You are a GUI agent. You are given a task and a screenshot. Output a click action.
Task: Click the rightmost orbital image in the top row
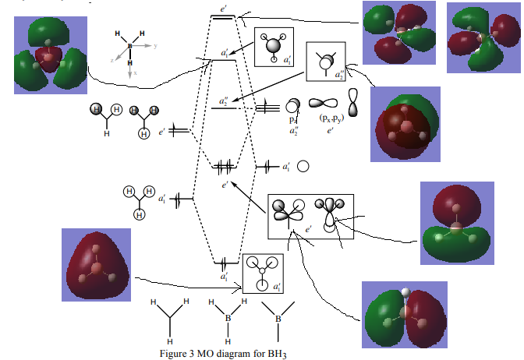[482, 37]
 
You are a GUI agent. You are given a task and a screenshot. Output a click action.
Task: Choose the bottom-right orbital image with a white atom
[403, 315]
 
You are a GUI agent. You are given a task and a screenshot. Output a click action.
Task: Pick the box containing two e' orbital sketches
[310, 217]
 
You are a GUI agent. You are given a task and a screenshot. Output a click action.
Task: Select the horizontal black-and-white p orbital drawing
[324, 103]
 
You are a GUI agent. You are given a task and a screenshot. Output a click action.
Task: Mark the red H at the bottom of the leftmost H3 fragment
[107, 134]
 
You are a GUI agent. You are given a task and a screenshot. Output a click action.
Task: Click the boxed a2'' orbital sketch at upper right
[327, 62]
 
